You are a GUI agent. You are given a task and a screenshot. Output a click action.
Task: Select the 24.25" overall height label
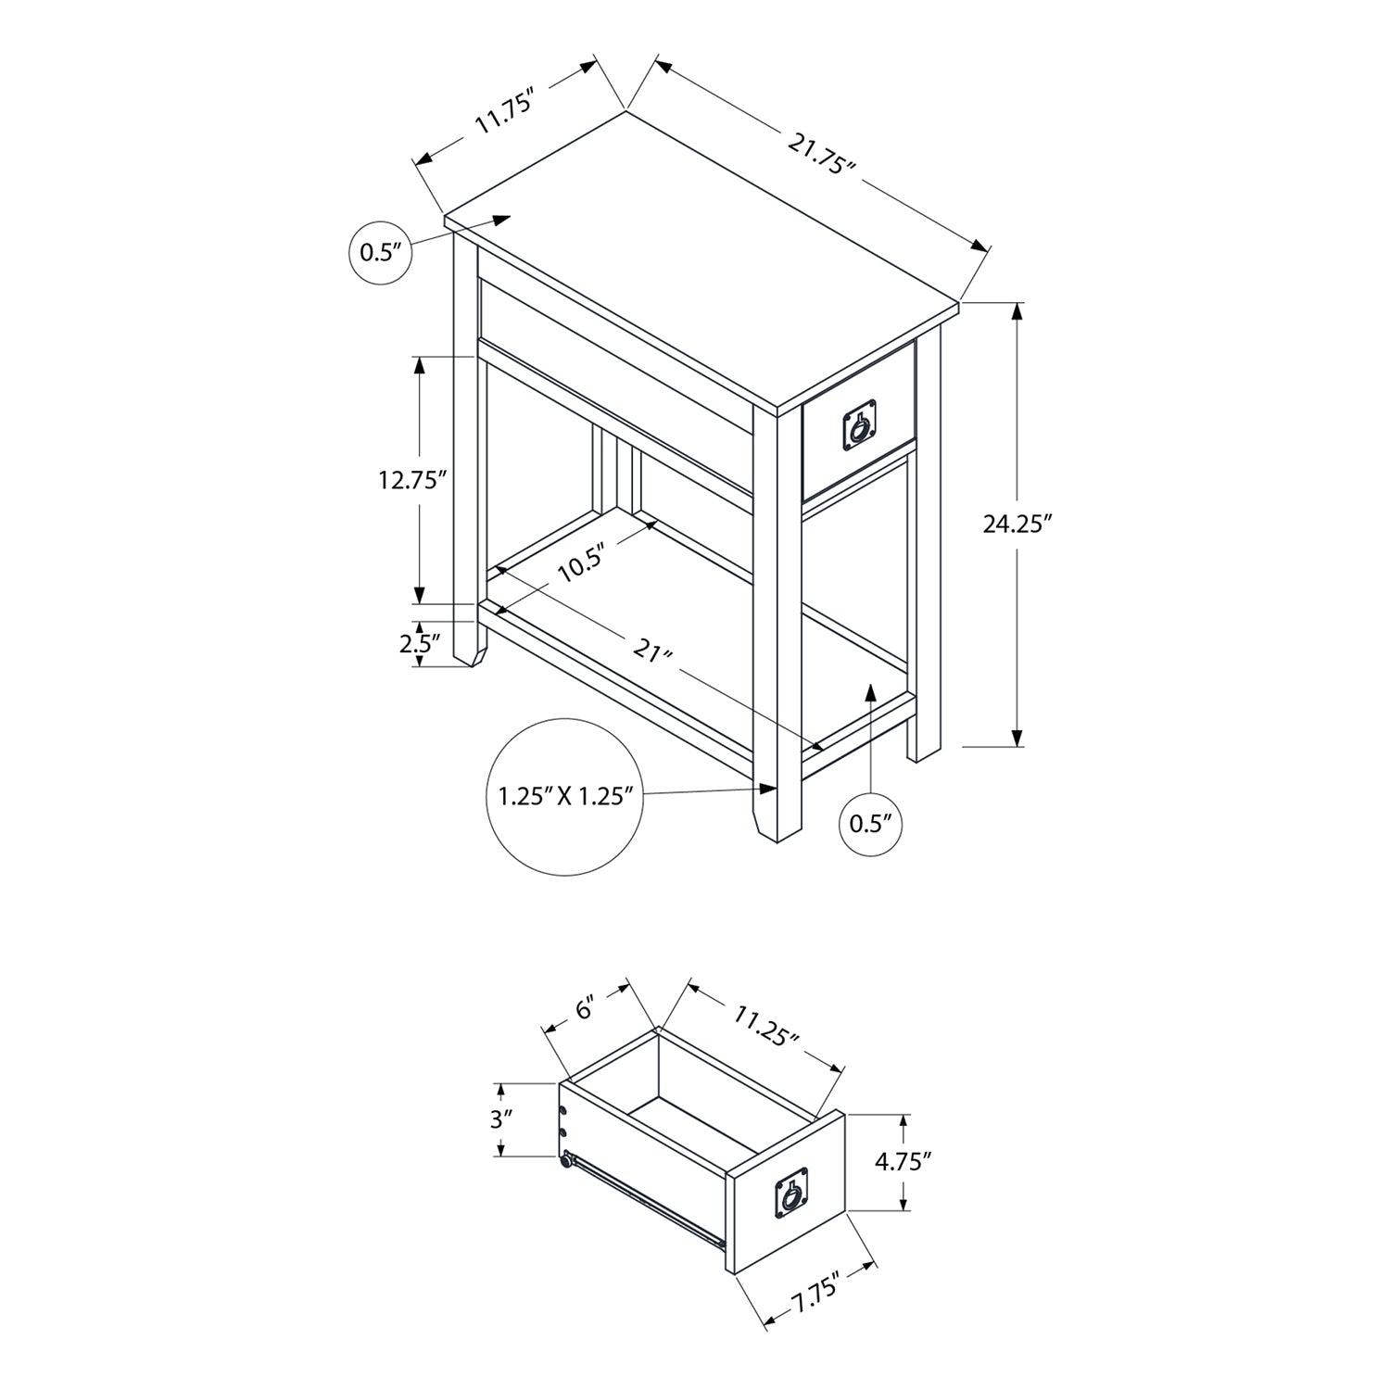(1018, 524)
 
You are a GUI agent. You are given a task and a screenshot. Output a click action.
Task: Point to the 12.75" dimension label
(412, 480)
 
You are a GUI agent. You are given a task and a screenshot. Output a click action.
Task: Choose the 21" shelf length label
(652, 651)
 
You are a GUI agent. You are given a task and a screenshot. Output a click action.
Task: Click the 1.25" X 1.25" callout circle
(565, 796)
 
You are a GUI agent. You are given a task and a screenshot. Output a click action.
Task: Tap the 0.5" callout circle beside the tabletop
(379, 251)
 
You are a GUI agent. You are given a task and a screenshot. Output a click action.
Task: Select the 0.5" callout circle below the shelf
(870, 822)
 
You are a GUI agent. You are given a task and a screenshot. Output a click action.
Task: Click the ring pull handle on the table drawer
(859, 428)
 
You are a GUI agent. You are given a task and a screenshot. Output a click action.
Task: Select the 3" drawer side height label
(501, 1118)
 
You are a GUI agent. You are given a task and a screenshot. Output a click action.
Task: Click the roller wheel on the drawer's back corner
(565, 1158)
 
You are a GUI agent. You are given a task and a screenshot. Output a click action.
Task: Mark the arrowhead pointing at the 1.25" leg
(767, 788)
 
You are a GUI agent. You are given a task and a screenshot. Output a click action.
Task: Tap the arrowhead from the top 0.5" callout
(501, 220)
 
